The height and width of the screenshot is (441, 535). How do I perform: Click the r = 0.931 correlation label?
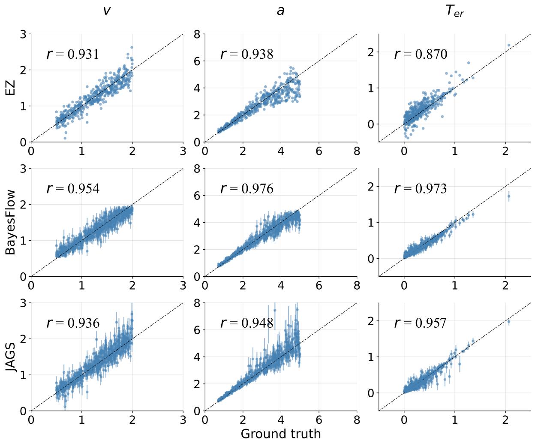[x=73, y=54]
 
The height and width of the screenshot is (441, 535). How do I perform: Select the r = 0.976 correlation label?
[x=247, y=188]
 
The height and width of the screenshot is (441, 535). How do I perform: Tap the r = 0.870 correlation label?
[x=421, y=54]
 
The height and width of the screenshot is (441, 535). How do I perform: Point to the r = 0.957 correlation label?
[x=421, y=323]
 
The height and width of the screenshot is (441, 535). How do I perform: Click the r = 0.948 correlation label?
[x=247, y=323]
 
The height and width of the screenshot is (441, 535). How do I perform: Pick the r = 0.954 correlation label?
[x=73, y=188]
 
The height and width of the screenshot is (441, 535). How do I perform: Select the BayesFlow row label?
[x=10, y=222]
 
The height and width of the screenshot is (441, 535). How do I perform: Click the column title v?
[x=107, y=11]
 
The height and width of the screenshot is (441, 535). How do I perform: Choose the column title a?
[x=280, y=11]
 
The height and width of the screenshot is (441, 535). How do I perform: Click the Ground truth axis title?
[x=280, y=433]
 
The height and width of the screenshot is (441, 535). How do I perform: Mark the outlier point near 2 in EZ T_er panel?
[x=509, y=45]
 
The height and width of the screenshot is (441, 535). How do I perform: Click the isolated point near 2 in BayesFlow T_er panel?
[x=509, y=196]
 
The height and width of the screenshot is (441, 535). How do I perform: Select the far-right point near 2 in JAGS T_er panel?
[x=509, y=321]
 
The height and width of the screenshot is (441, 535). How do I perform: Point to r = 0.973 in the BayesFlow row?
[x=421, y=188]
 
